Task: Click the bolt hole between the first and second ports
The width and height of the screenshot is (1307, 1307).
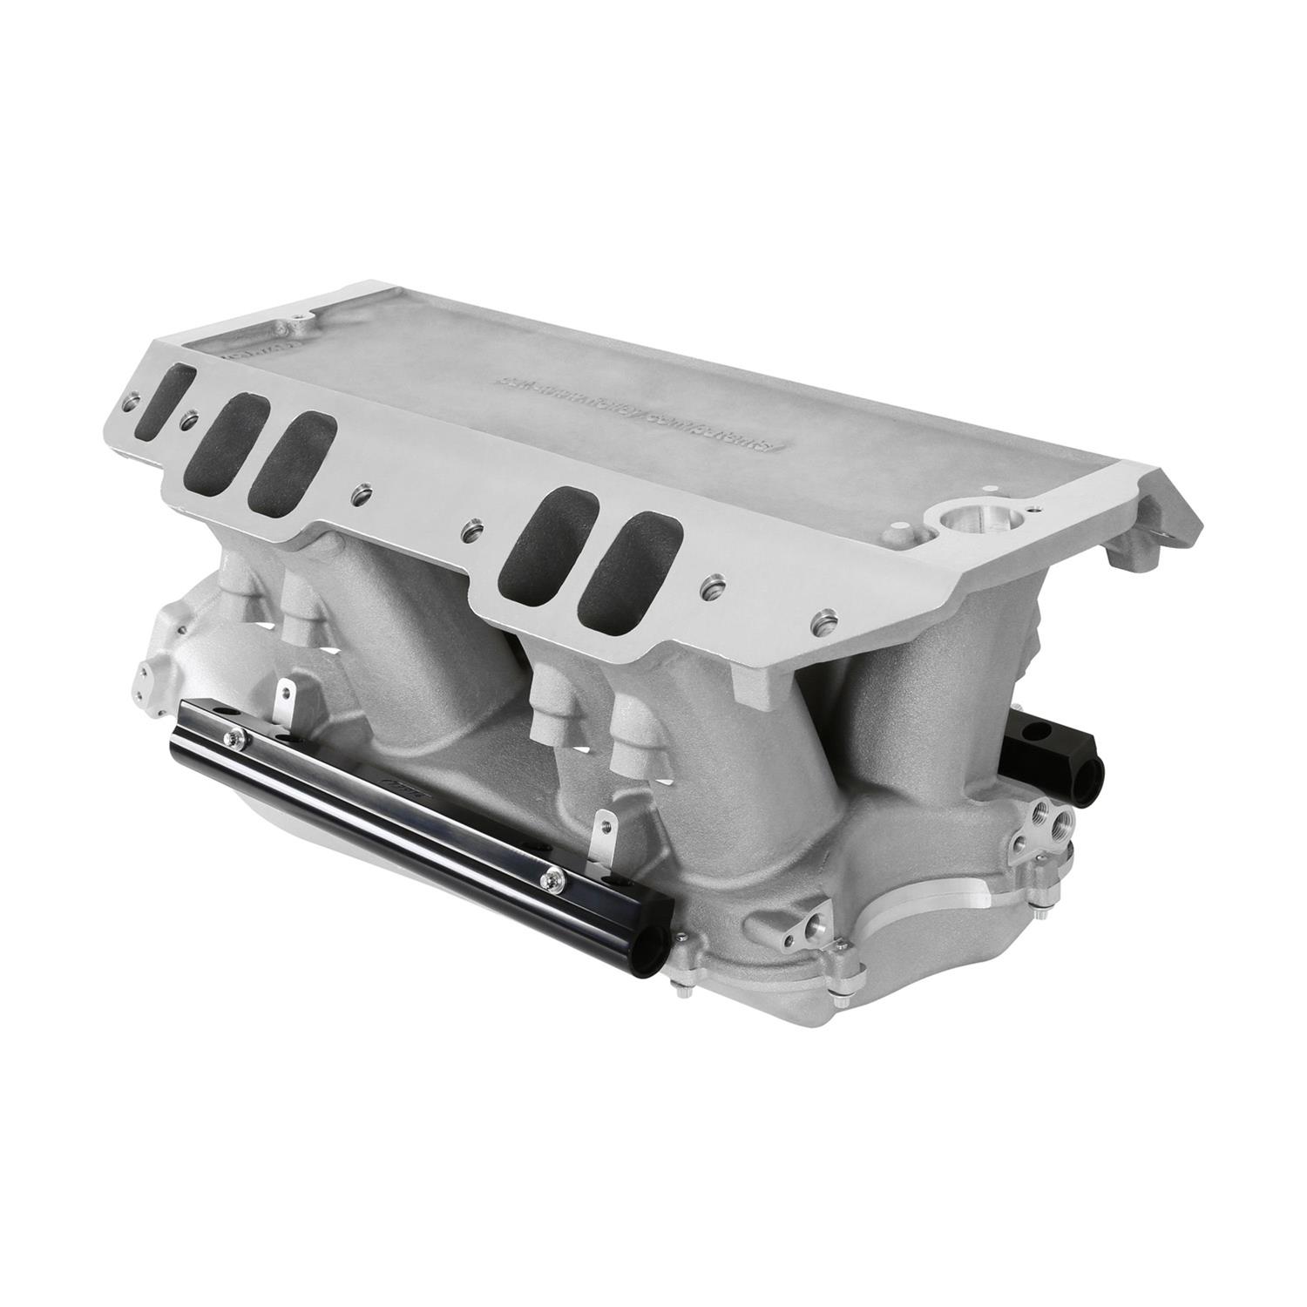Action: [184, 424]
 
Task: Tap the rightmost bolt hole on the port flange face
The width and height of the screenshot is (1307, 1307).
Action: [821, 625]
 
